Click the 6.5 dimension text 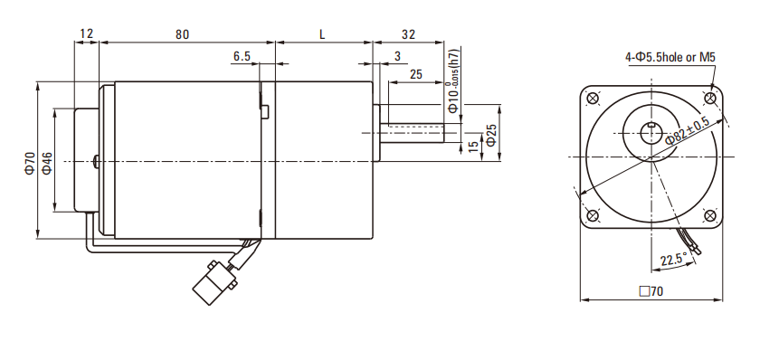pyautogui.click(x=242, y=56)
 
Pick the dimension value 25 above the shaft pyautogui.click(x=416, y=74)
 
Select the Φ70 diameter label pyautogui.click(x=30, y=163)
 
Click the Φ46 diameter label pyautogui.click(x=46, y=163)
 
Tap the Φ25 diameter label pyautogui.click(x=491, y=135)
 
